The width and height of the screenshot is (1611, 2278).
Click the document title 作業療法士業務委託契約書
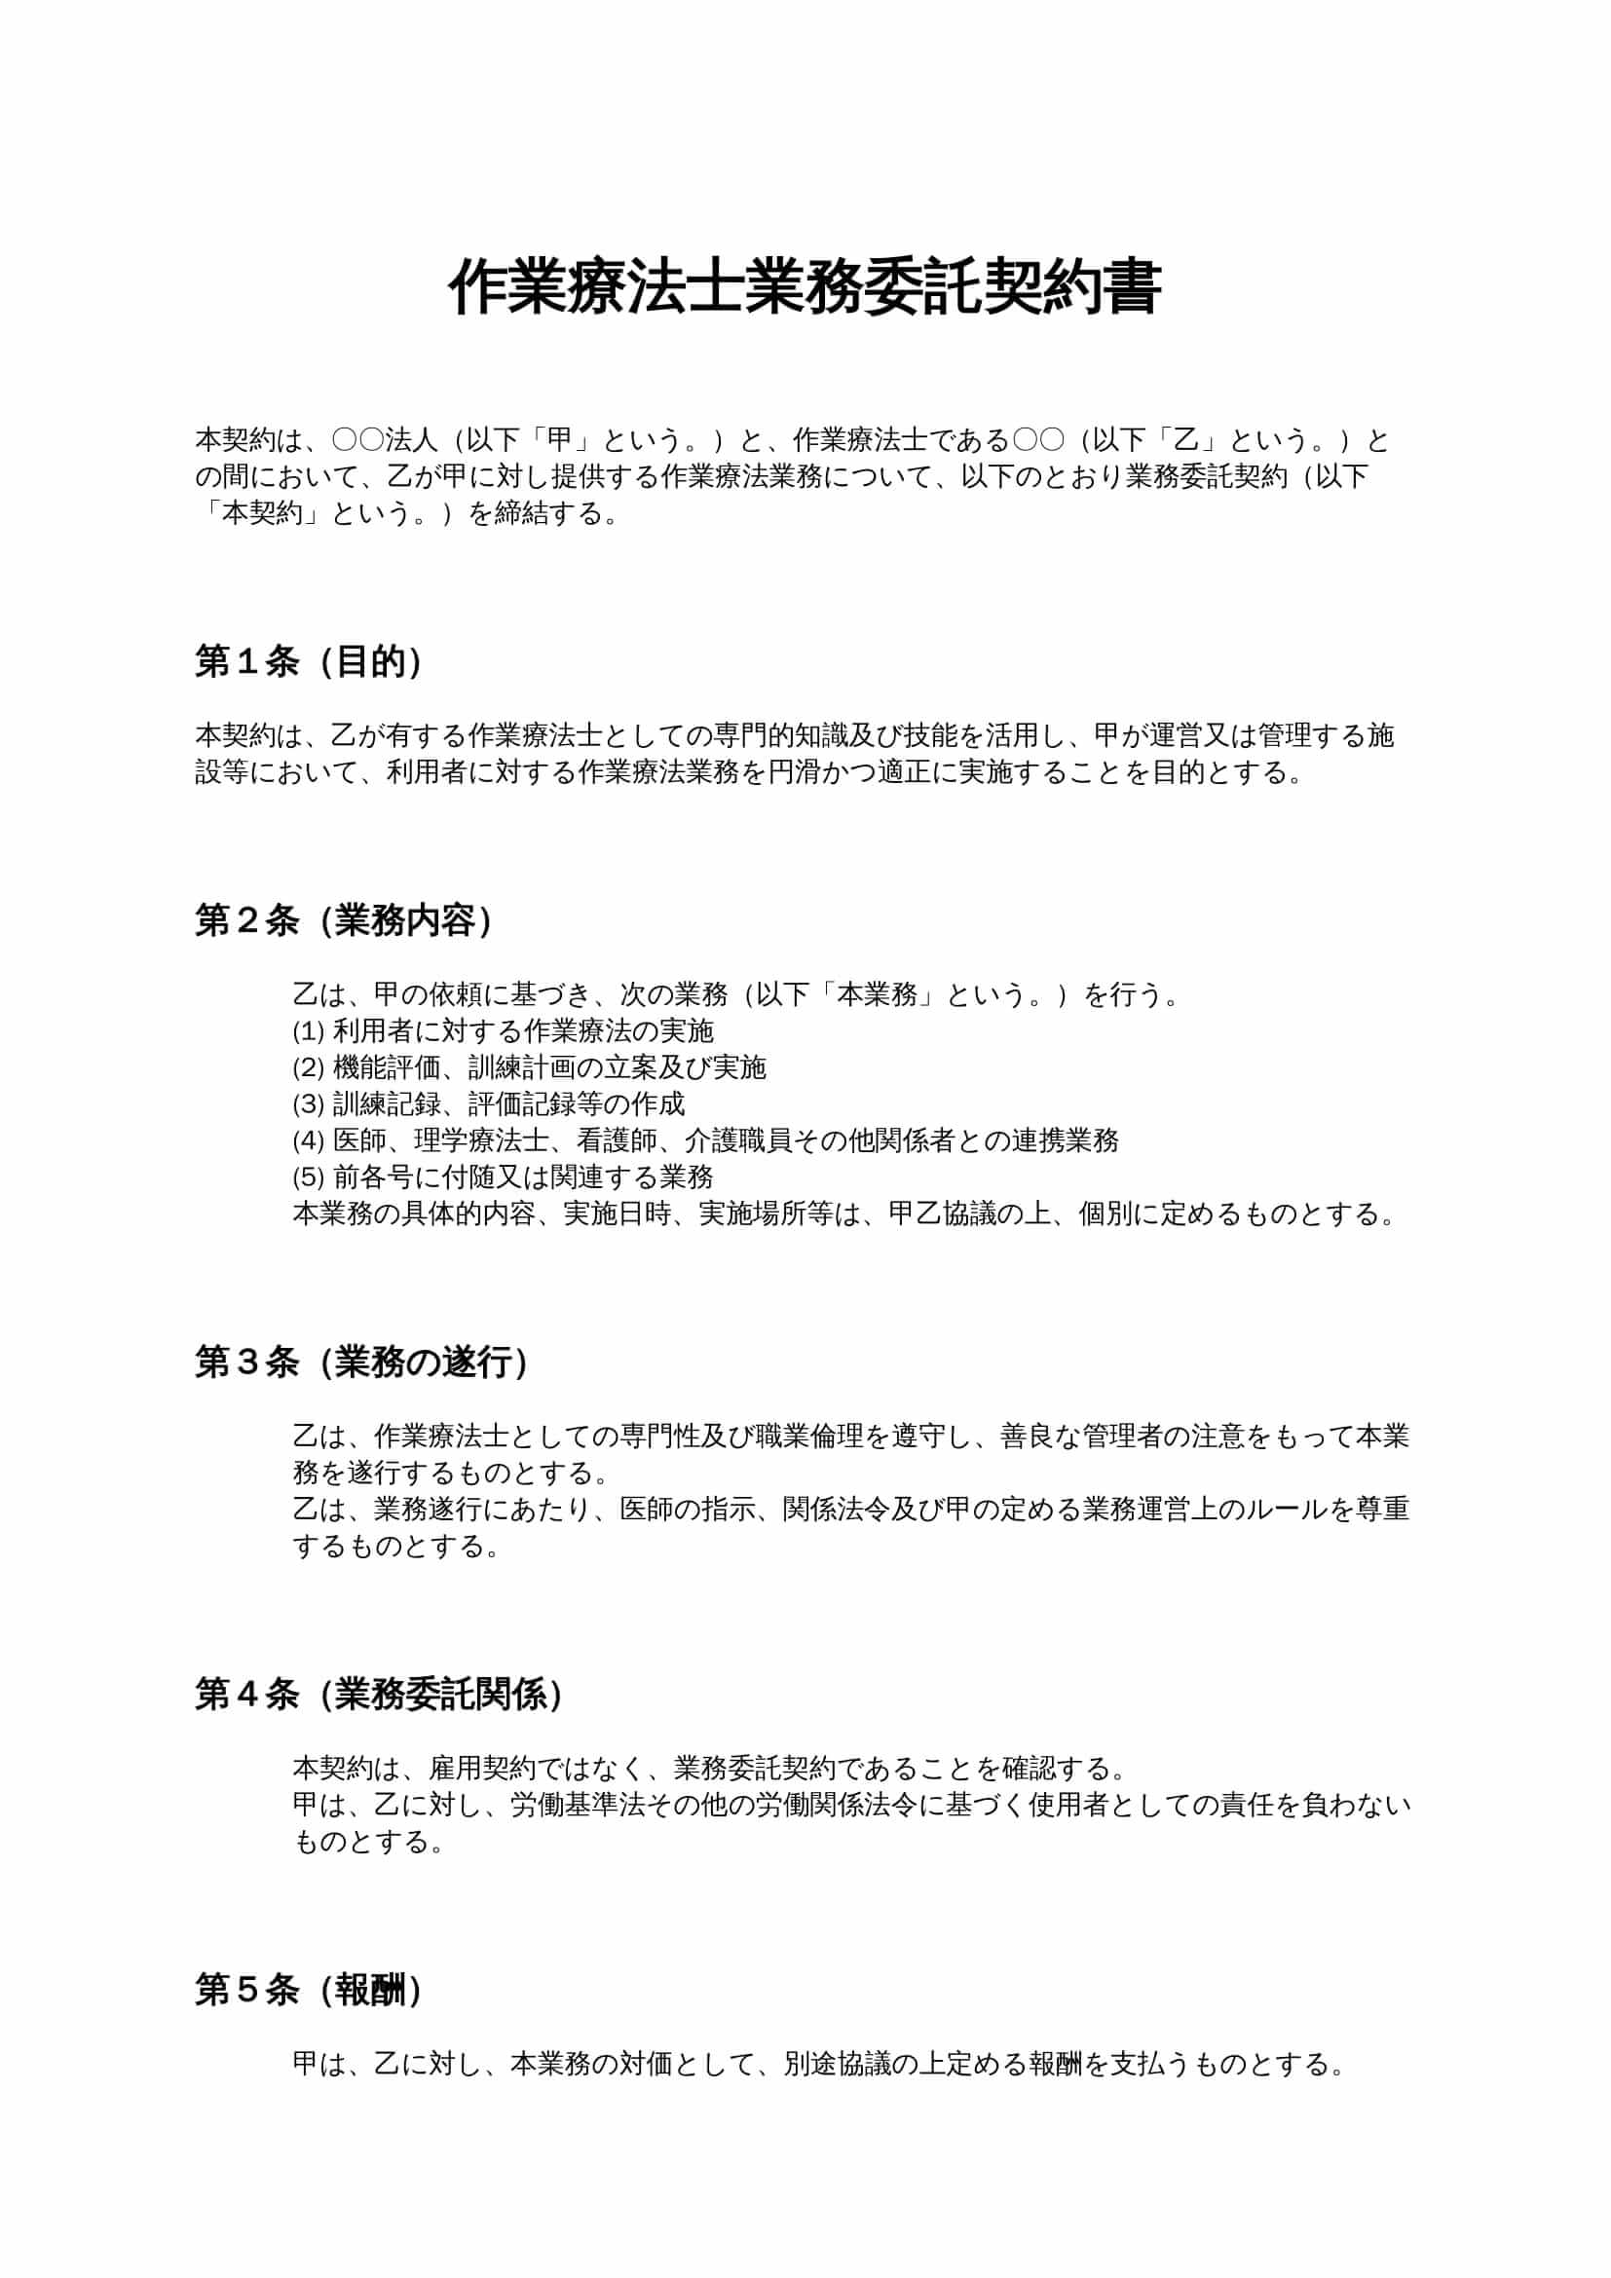pyautogui.click(x=805, y=288)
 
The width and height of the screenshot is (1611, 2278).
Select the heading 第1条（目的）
pyautogui.click(x=309, y=661)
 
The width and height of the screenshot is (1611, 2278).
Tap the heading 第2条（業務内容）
pyautogui.click(x=343, y=920)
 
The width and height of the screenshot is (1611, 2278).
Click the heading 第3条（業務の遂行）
pyautogui.click(x=361, y=1363)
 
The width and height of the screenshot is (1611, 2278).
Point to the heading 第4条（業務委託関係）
pyautogui.click(x=379, y=1695)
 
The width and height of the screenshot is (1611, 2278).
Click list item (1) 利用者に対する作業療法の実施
pyautogui.click(x=503, y=1030)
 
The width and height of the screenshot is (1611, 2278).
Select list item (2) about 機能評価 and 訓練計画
pyautogui.click(x=530, y=1067)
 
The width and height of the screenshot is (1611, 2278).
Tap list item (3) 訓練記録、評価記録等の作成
pyautogui.click(x=489, y=1104)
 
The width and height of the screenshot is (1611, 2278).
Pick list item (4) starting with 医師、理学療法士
pyautogui.click(x=705, y=1141)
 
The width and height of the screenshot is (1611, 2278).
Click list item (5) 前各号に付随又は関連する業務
pyautogui.click(x=503, y=1177)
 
